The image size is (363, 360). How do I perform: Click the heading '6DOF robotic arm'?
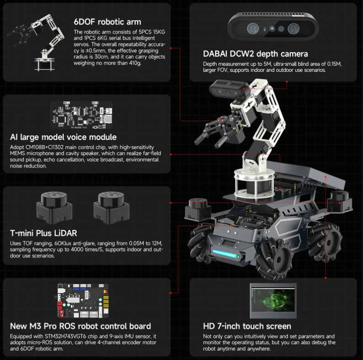click(x=107, y=22)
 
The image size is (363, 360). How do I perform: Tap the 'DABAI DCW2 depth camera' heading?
click(x=256, y=54)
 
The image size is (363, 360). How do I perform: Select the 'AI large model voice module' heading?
click(x=63, y=137)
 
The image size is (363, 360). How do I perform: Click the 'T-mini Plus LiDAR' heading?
click(x=43, y=233)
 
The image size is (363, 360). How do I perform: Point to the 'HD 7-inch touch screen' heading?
click(x=247, y=326)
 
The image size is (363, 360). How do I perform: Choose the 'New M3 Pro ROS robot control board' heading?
click(x=80, y=326)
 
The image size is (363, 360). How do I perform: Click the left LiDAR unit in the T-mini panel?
click(x=54, y=208)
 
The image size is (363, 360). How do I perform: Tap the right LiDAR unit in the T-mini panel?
click(x=112, y=208)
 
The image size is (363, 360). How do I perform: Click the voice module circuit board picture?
click(x=81, y=115)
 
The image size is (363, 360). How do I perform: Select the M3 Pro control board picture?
click(x=83, y=301)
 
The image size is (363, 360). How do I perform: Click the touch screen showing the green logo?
click(x=273, y=301)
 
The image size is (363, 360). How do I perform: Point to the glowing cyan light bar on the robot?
click(x=225, y=254)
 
